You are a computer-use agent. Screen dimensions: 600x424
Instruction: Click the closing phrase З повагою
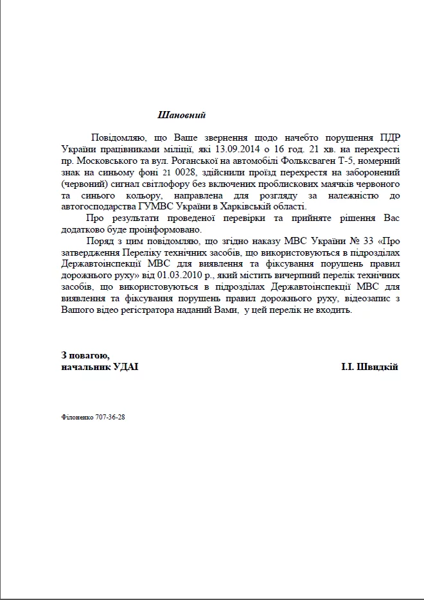click(85, 355)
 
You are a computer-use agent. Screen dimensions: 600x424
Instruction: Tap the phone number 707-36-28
click(110, 417)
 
